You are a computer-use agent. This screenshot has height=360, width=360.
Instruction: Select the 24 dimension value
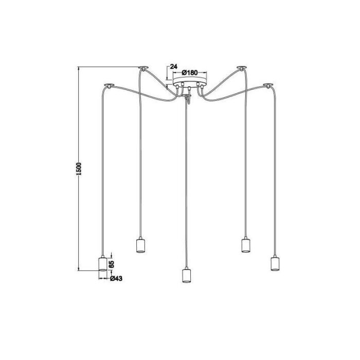(173, 66)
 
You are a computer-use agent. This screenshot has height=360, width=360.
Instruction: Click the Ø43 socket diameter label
(116, 278)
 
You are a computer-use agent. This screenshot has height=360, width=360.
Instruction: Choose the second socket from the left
(139, 246)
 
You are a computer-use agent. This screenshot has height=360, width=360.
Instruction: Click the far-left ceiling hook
(108, 84)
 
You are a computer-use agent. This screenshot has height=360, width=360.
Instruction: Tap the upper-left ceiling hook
(142, 67)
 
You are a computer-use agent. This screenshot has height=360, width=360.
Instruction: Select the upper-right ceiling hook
(240, 67)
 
